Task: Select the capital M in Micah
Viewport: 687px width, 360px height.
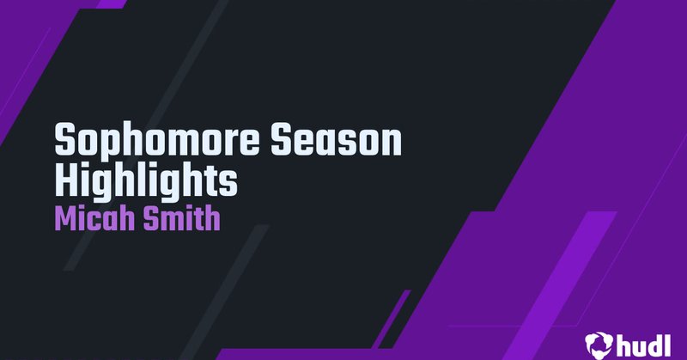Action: coord(65,218)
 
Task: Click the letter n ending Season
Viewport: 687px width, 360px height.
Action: coord(392,143)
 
